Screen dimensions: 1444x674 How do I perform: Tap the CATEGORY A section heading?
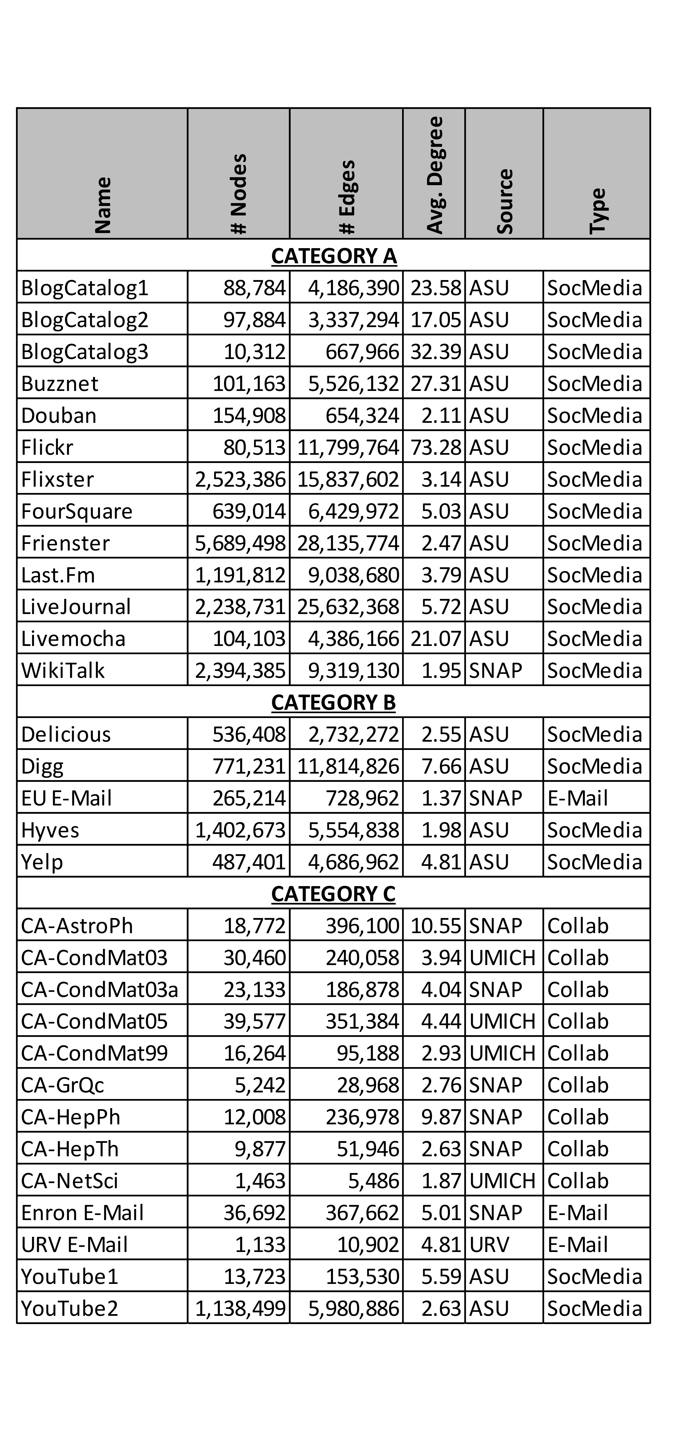334,256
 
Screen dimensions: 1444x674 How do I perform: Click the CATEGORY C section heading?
334,894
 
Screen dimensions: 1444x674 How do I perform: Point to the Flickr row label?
48,447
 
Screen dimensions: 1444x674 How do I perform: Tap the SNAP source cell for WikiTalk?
496,670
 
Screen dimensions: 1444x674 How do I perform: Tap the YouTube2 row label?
70,1308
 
